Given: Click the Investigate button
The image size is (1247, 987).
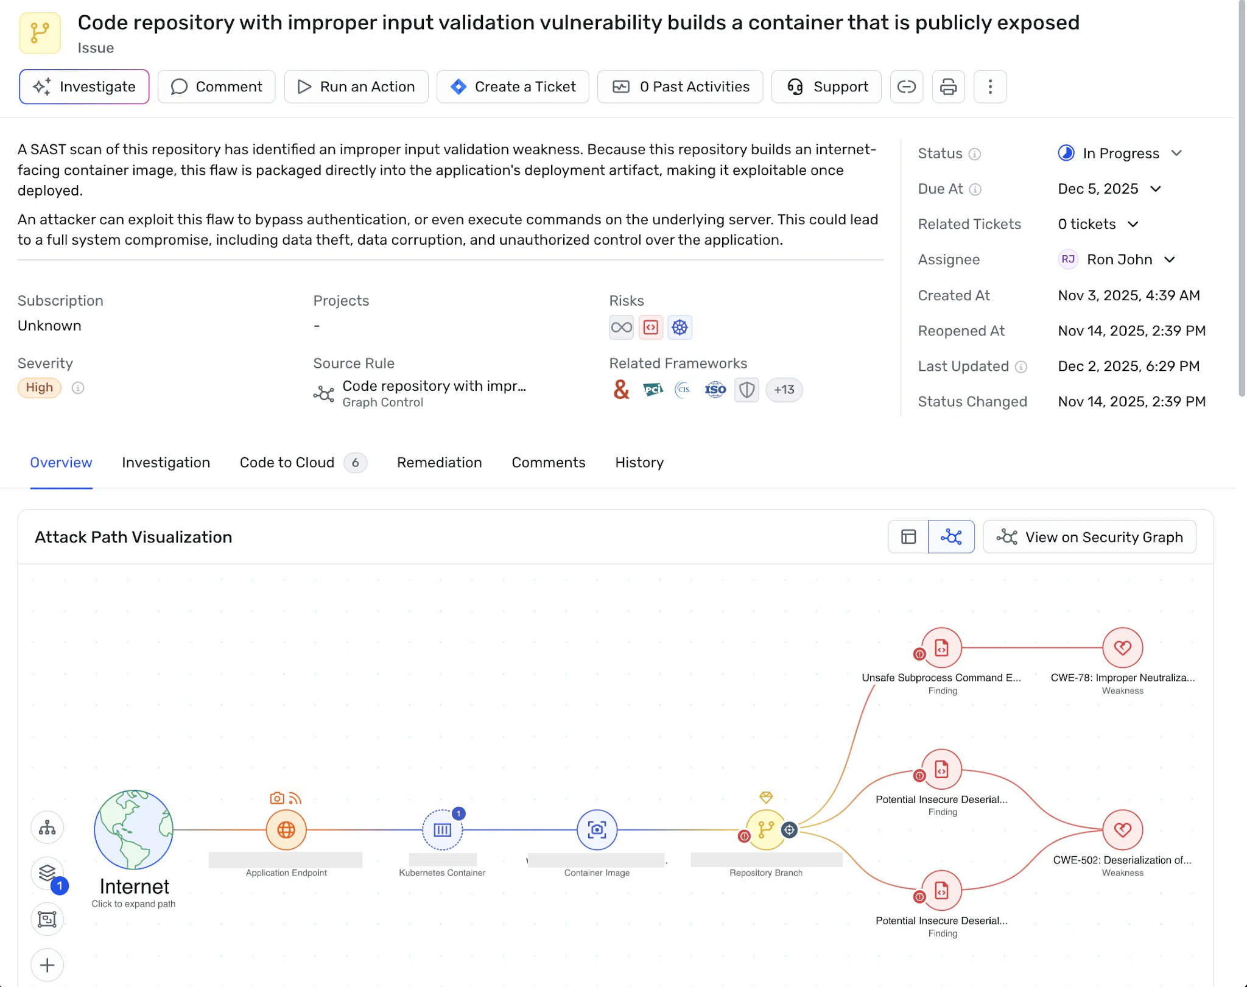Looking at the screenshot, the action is coord(84,87).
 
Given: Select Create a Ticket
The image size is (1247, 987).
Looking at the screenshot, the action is coord(513,87).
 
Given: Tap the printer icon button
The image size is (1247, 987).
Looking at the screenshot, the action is coord(948,87).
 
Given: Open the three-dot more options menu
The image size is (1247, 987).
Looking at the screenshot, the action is coord(990,87).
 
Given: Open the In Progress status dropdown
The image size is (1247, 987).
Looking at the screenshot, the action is coord(1120,153).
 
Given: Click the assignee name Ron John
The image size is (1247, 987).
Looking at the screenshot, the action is coord(1119,260).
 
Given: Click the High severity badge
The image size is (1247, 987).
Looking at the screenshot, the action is coord(40,388).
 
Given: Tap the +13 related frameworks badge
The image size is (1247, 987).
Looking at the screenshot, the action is coord(784,390).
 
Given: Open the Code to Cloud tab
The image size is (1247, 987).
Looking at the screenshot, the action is coord(303,463).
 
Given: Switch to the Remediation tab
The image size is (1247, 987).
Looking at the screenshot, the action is coord(440,463).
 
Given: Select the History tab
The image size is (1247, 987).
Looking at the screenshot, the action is coord(639,463).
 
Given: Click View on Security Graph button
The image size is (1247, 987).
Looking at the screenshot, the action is coord(1090,537).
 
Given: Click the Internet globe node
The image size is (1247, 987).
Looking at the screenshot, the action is coord(133,829).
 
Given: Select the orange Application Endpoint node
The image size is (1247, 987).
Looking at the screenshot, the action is coord(286,830).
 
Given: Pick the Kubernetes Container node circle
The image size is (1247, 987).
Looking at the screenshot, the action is coord(443,830).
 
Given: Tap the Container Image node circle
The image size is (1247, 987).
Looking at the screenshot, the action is coord(597,830).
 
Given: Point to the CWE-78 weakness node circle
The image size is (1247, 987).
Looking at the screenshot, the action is coord(1123,648).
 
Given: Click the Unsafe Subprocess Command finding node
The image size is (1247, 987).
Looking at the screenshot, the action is coord(942,648).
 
